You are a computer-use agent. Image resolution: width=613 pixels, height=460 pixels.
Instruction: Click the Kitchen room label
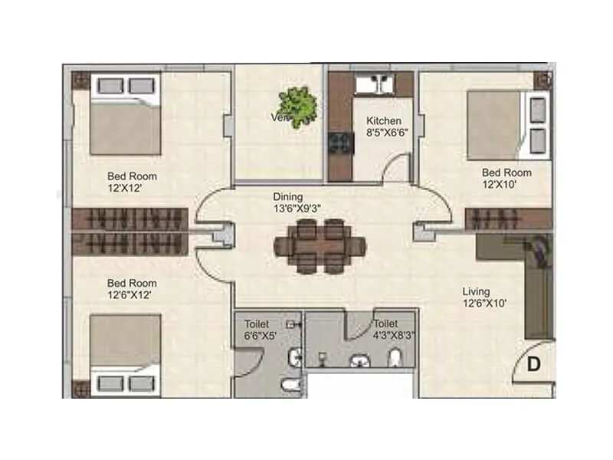(x=383, y=120)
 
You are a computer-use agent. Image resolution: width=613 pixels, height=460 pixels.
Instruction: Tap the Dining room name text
(x=287, y=197)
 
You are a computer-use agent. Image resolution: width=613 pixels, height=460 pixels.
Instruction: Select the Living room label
(x=476, y=291)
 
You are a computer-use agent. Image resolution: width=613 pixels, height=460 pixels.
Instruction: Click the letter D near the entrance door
(x=534, y=364)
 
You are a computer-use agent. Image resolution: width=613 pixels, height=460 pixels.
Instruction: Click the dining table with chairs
(x=320, y=245)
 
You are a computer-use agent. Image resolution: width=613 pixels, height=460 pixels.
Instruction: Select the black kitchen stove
(x=337, y=142)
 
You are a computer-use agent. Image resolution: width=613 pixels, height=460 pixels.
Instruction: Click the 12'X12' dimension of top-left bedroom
(x=126, y=186)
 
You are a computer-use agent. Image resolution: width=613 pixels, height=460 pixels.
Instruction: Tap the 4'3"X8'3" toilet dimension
(x=394, y=335)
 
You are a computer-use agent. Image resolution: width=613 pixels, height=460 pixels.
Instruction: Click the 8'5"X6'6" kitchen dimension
(x=386, y=132)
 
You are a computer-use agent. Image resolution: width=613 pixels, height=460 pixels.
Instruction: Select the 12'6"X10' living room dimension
(x=485, y=303)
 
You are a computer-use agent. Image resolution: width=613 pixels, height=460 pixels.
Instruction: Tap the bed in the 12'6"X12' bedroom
(x=124, y=354)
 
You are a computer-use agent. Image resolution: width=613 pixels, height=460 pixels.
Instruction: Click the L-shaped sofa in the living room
(x=529, y=284)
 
